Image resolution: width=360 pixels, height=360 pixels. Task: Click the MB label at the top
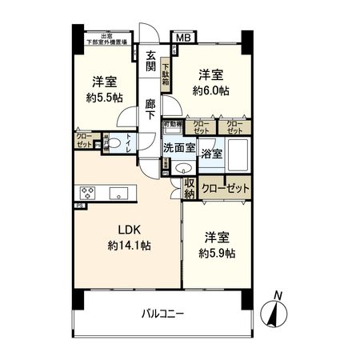[183, 37]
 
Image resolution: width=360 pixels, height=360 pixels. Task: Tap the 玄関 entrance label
[150, 60]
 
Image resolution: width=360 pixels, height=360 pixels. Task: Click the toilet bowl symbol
[114, 144]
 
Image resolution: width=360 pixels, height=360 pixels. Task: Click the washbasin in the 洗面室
[183, 168]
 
